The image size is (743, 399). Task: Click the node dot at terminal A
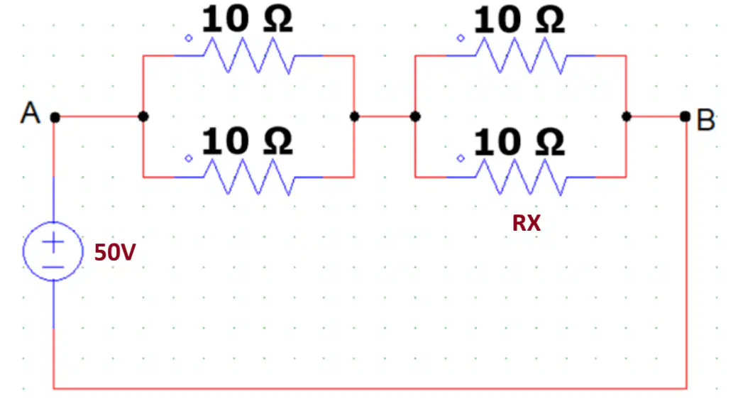point(55,117)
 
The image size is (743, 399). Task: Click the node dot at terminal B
point(685,116)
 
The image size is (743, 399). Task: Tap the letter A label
point(31,113)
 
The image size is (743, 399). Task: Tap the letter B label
point(705,119)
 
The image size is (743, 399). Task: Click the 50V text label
point(115,252)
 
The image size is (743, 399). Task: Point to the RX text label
point(526,223)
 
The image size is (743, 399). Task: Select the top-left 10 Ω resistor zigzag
point(249,56)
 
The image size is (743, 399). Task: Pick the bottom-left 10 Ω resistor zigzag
point(249,177)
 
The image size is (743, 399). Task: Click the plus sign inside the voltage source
point(53,243)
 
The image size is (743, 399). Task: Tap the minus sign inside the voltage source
point(53,267)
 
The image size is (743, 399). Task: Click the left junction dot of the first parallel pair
point(143,116)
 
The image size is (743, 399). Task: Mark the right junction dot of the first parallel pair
point(354,116)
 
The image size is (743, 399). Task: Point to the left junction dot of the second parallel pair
point(415,116)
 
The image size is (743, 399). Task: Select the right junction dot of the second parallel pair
point(627,116)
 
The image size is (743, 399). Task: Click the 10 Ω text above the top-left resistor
point(248,20)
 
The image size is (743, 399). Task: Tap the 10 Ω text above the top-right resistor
point(519,21)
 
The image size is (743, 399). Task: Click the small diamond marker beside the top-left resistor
point(189,38)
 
